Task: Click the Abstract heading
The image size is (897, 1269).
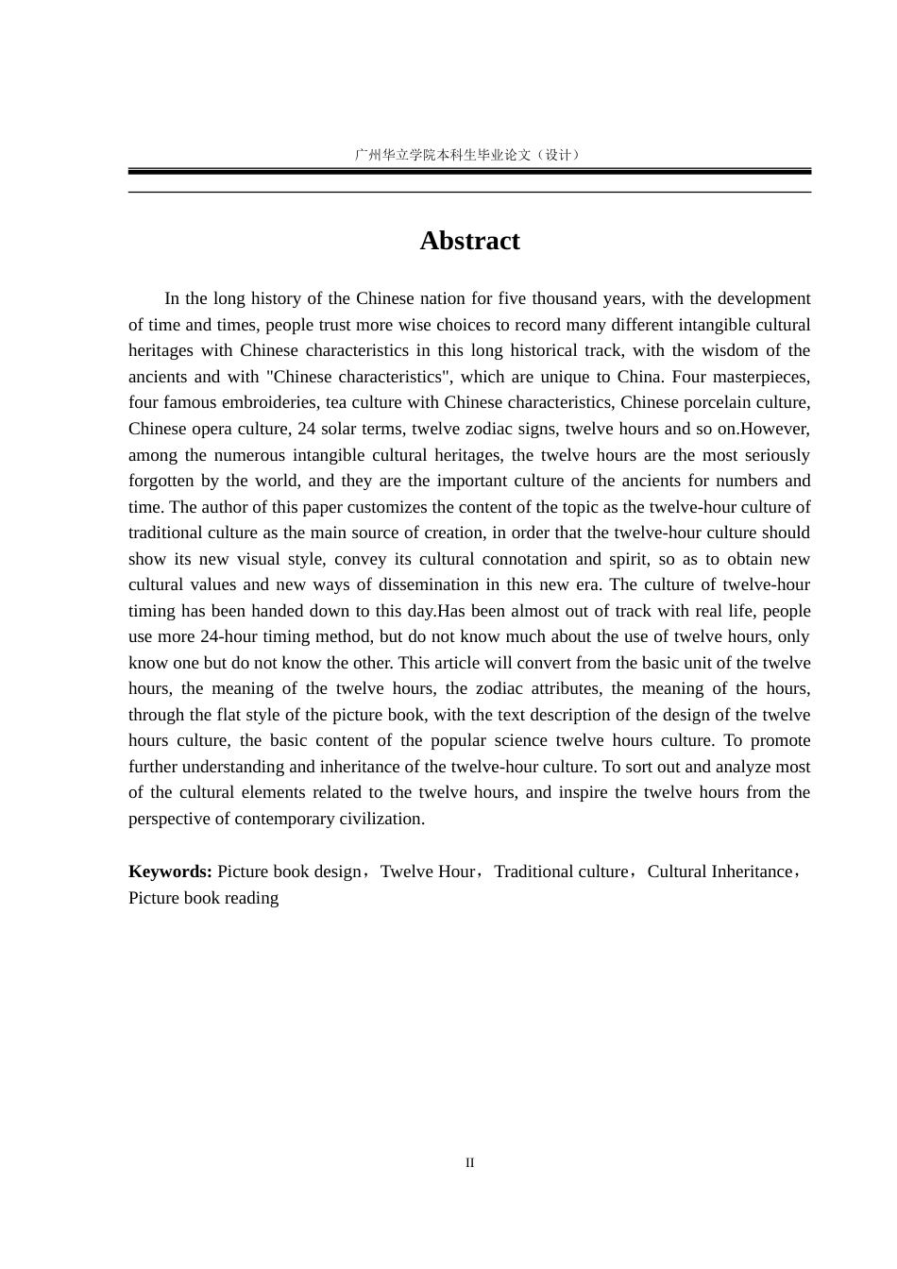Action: (x=469, y=241)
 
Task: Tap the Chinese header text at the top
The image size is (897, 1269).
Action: (x=467, y=155)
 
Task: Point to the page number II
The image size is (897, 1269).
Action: (x=469, y=1162)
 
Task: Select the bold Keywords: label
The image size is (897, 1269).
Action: (x=170, y=871)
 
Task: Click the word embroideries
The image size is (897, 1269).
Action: (x=269, y=402)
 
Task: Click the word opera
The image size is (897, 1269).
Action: (x=209, y=429)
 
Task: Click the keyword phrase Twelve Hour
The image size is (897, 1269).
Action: (x=427, y=871)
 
